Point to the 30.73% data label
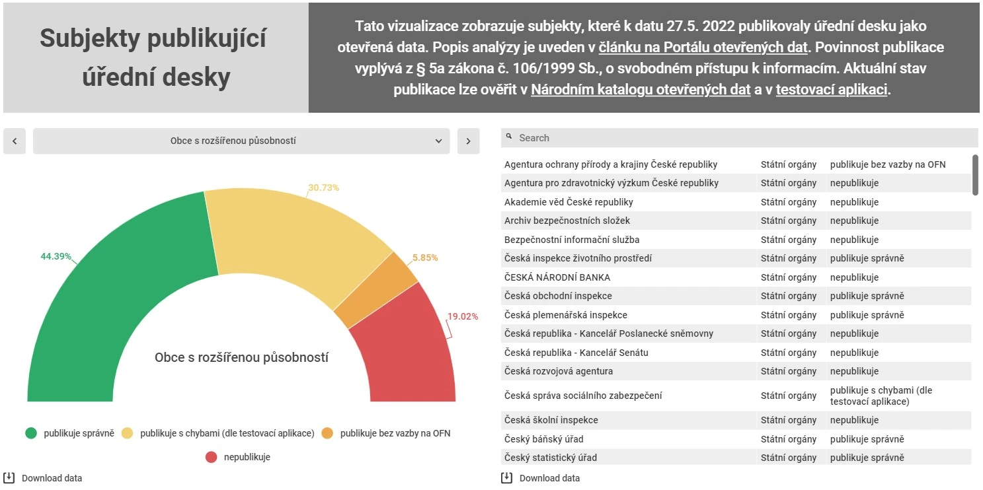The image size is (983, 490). [323, 188]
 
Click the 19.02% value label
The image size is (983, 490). [462, 316]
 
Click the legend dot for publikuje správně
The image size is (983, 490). [31, 433]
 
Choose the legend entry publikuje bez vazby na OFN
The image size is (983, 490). [395, 433]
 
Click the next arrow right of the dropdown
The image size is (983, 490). [468, 141]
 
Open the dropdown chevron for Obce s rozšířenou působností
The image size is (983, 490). [438, 141]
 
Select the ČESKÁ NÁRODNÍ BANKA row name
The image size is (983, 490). [557, 277]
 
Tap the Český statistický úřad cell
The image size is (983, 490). [550, 458]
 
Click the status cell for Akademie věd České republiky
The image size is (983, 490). [854, 202]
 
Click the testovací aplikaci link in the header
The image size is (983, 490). [832, 90]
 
